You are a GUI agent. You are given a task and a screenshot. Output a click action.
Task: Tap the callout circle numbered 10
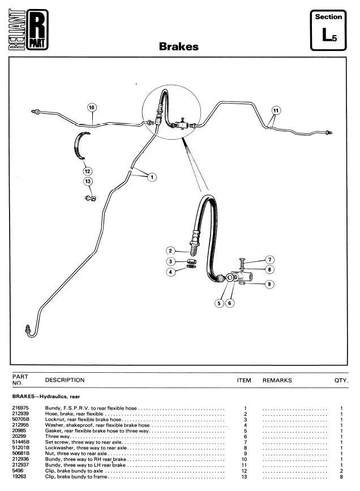pyautogui.click(x=92, y=106)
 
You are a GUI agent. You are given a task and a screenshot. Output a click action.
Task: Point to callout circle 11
pyautogui.click(x=276, y=109)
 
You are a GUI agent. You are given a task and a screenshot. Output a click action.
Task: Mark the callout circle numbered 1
pyautogui.click(x=151, y=176)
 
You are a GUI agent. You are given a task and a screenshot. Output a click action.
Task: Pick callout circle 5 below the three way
pyautogui.click(x=220, y=303)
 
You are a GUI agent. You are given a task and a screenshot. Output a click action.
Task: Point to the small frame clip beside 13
pyautogui.click(x=89, y=197)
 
